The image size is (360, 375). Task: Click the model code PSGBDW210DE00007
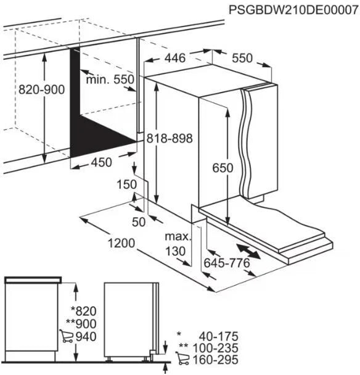[294, 10]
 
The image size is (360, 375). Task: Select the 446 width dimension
[175, 58]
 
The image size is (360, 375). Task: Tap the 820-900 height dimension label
[41, 89]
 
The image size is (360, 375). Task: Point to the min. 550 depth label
[110, 79]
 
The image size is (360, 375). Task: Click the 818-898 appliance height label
[170, 138]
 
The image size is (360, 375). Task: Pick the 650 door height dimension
[223, 168]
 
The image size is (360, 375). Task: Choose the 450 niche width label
[101, 162]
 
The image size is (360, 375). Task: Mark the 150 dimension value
[127, 184]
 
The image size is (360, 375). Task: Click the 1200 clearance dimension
[121, 243]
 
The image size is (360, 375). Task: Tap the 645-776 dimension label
[227, 263]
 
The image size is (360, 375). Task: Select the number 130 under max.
[176, 251]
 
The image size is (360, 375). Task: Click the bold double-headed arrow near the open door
[248, 251]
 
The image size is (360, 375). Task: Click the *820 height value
[84, 311]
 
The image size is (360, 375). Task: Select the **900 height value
[81, 324]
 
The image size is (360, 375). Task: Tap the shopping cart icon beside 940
[66, 336]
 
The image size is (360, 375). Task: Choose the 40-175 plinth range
[219, 336]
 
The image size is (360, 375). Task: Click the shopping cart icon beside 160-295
[182, 358]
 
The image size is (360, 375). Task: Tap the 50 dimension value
[139, 222]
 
